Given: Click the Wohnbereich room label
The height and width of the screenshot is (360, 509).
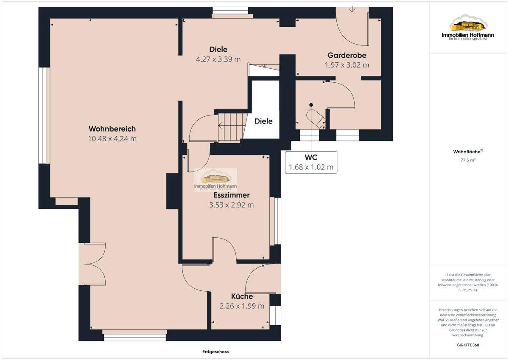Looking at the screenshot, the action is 112,129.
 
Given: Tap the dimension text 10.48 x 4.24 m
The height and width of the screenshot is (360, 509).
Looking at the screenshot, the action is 112,139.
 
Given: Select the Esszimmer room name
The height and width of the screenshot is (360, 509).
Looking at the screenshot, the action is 231,195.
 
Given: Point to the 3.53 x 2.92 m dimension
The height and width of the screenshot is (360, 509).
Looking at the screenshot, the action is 231,205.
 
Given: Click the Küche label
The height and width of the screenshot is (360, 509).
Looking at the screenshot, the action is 242,296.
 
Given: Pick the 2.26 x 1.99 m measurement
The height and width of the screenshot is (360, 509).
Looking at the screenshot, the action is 242,306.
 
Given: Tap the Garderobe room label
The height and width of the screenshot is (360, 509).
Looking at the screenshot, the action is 347,55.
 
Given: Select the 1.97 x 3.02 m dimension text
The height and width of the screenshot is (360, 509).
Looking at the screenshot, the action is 347,65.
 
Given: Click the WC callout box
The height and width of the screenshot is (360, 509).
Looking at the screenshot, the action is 311,162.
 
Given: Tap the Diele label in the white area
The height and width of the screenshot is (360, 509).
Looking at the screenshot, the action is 263,121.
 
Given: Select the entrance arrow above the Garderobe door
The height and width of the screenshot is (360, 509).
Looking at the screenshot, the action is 352,9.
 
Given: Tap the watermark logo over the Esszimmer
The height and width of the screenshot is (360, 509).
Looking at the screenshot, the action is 215,180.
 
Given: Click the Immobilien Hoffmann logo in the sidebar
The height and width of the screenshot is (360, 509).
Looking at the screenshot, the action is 467,28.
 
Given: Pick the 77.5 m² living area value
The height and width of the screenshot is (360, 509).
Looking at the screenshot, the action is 468,160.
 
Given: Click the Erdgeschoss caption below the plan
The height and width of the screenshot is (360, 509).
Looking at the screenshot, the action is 215,352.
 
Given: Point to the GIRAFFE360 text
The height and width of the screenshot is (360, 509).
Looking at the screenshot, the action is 468,345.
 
